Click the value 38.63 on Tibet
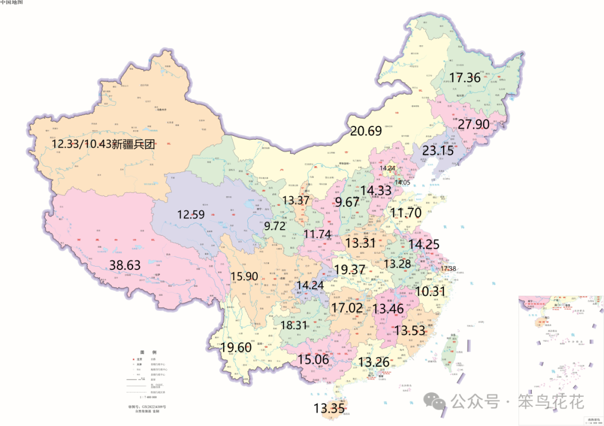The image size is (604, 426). pyautogui.click(x=125, y=266)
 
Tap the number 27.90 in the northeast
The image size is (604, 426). pyautogui.click(x=474, y=124)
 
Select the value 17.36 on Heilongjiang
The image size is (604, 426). pyautogui.click(x=465, y=78)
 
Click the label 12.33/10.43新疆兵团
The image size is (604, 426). pyautogui.click(x=103, y=144)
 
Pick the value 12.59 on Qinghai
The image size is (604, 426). pyautogui.click(x=191, y=214)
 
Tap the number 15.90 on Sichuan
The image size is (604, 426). pyautogui.click(x=244, y=276)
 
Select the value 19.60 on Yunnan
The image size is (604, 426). pyautogui.click(x=236, y=347)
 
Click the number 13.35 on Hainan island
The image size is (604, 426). pyautogui.click(x=329, y=408)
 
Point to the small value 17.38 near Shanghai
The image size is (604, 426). pyautogui.click(x=448, y=269)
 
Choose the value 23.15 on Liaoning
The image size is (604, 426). pyautogui.click(x=438, y=151)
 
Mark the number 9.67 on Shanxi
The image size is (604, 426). pyautogui.click(x=347, y=202)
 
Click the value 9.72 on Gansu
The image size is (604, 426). pyautogui.click(x=275, y=226)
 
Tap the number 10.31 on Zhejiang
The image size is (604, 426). pyautogui.click(x=431, y=291)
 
